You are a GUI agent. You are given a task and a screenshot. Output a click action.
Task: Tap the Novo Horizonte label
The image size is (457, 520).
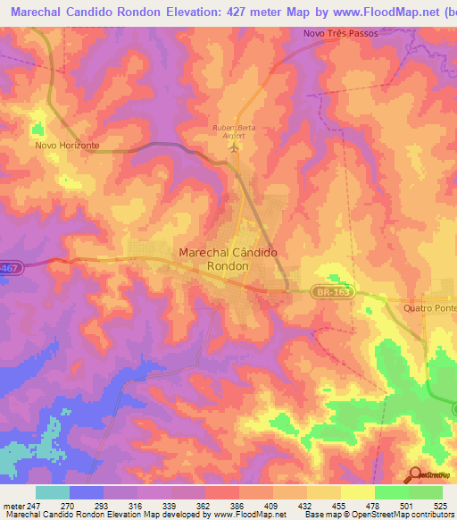(67, 145)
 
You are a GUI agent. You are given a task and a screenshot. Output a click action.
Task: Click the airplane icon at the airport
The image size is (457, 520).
(236, 146)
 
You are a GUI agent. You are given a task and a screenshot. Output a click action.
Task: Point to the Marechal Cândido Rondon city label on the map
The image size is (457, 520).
(228, 259)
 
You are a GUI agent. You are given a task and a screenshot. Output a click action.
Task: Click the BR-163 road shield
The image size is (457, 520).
(334, 291)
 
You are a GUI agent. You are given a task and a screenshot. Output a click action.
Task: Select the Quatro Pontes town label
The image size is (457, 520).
(430, 308)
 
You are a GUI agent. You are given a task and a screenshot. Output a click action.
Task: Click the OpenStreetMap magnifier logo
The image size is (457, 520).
(415, 474)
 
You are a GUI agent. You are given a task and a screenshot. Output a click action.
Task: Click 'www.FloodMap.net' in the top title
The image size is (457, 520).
(359, 12)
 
